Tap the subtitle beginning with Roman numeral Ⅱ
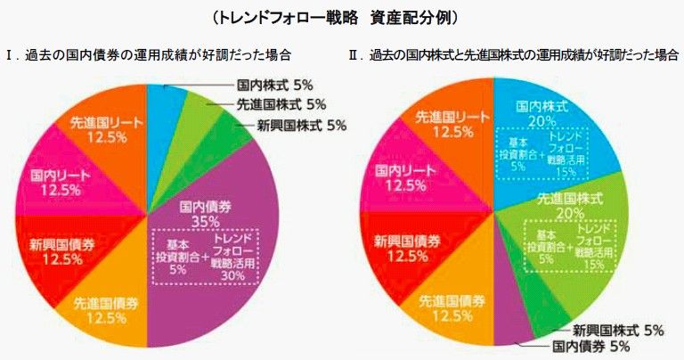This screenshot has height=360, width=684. [x=512, y=55]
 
